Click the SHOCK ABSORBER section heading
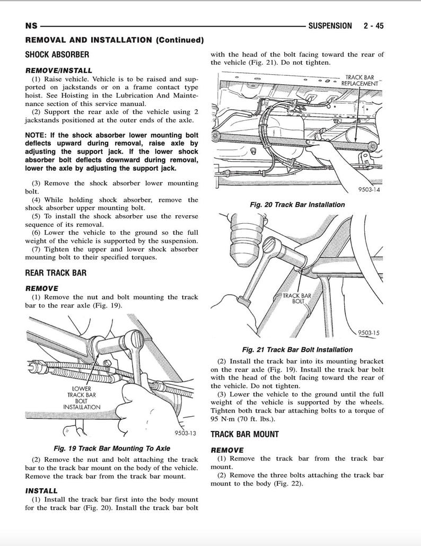point(57,54)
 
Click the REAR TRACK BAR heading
point(56,273)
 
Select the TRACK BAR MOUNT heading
point(244,434)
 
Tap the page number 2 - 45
point(373,25)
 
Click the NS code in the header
point(31,26)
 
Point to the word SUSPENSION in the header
point(330,25)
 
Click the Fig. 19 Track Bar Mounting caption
point(112,448)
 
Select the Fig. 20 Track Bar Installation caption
point(297,205)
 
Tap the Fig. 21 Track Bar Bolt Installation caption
point(297,350)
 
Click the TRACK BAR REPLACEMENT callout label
point(359,81)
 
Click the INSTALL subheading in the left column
point(41,491)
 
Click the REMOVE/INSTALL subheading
point(58,70)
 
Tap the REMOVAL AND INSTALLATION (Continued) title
point(114,40)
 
